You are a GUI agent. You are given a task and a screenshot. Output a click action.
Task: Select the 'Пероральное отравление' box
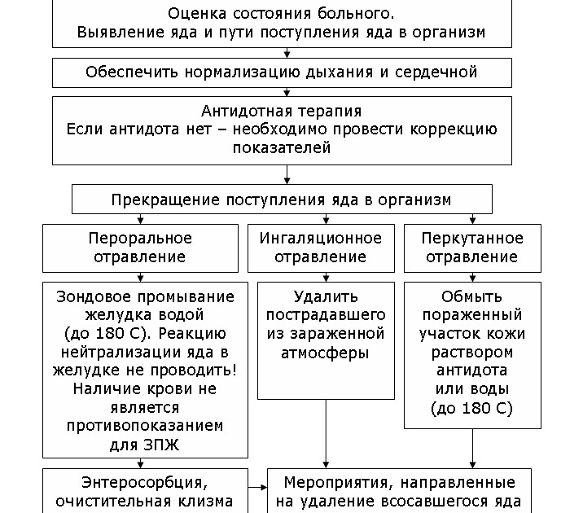(x=139, y=248)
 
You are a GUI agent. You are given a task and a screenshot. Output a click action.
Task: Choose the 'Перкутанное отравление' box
(x=472, y=248)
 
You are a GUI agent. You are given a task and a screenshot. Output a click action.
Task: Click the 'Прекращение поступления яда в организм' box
(x=281, y=199)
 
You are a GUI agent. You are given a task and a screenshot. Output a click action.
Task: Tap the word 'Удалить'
(x=320, y=296)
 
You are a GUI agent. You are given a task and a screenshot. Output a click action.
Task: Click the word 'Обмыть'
(x=472, y=296)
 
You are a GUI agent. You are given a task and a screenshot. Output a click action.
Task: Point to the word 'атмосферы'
(x=320, y=353)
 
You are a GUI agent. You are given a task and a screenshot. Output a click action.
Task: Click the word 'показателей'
(x=281, y=148)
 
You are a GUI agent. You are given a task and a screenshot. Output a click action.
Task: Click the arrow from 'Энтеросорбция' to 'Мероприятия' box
(x=258, y=488)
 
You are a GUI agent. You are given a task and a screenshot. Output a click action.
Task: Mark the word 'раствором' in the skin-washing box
(x=472, y=353)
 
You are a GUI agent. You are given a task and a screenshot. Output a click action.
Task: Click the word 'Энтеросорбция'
(x=131, y=483)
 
